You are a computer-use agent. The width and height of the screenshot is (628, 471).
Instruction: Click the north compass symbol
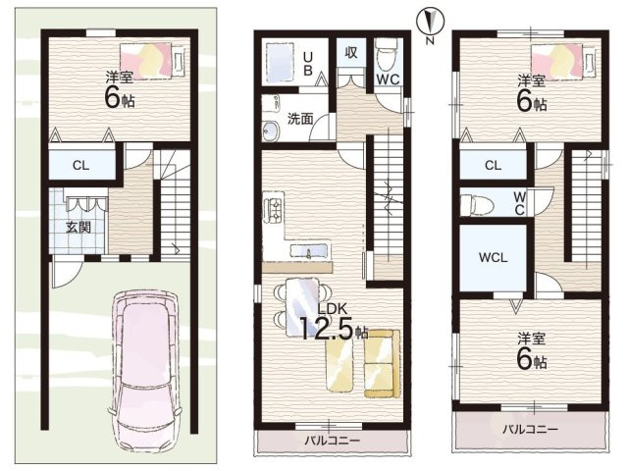430,22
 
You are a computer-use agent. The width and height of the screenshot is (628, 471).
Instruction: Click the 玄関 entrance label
78,228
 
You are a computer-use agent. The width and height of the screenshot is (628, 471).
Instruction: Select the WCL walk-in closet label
493,257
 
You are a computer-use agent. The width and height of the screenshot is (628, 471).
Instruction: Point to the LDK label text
332,308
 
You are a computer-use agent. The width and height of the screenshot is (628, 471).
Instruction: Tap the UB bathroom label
307,64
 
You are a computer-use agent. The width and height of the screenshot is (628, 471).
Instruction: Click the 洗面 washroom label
300,119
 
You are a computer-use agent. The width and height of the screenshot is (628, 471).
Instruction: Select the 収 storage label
351,52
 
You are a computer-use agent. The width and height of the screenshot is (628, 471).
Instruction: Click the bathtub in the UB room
279,62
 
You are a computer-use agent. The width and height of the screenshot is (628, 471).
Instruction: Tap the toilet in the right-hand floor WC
474,204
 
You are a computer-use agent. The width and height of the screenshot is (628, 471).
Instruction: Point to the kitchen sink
309,251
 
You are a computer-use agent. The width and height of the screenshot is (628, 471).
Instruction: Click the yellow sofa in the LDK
382,364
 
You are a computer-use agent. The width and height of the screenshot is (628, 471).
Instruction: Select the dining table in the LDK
302,307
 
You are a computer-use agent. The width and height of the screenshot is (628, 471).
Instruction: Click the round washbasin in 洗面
271,131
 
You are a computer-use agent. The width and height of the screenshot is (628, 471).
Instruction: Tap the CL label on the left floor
80,166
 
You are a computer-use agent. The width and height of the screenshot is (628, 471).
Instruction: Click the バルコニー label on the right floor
530,430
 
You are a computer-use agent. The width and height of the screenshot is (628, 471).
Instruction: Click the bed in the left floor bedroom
153,61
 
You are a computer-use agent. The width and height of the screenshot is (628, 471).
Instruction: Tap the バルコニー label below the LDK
333,441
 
